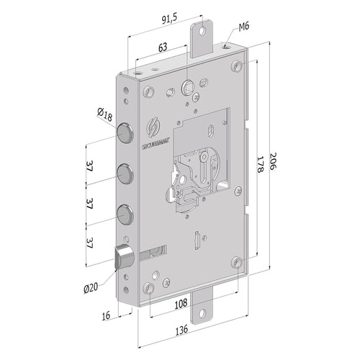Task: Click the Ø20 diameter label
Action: (x=91, y=287)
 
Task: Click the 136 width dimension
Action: (x=184, y=335)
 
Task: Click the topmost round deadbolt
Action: (x=125, y=135)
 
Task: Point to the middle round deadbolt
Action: (x=125, y=175)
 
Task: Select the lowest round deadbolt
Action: (x=125, y=215)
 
